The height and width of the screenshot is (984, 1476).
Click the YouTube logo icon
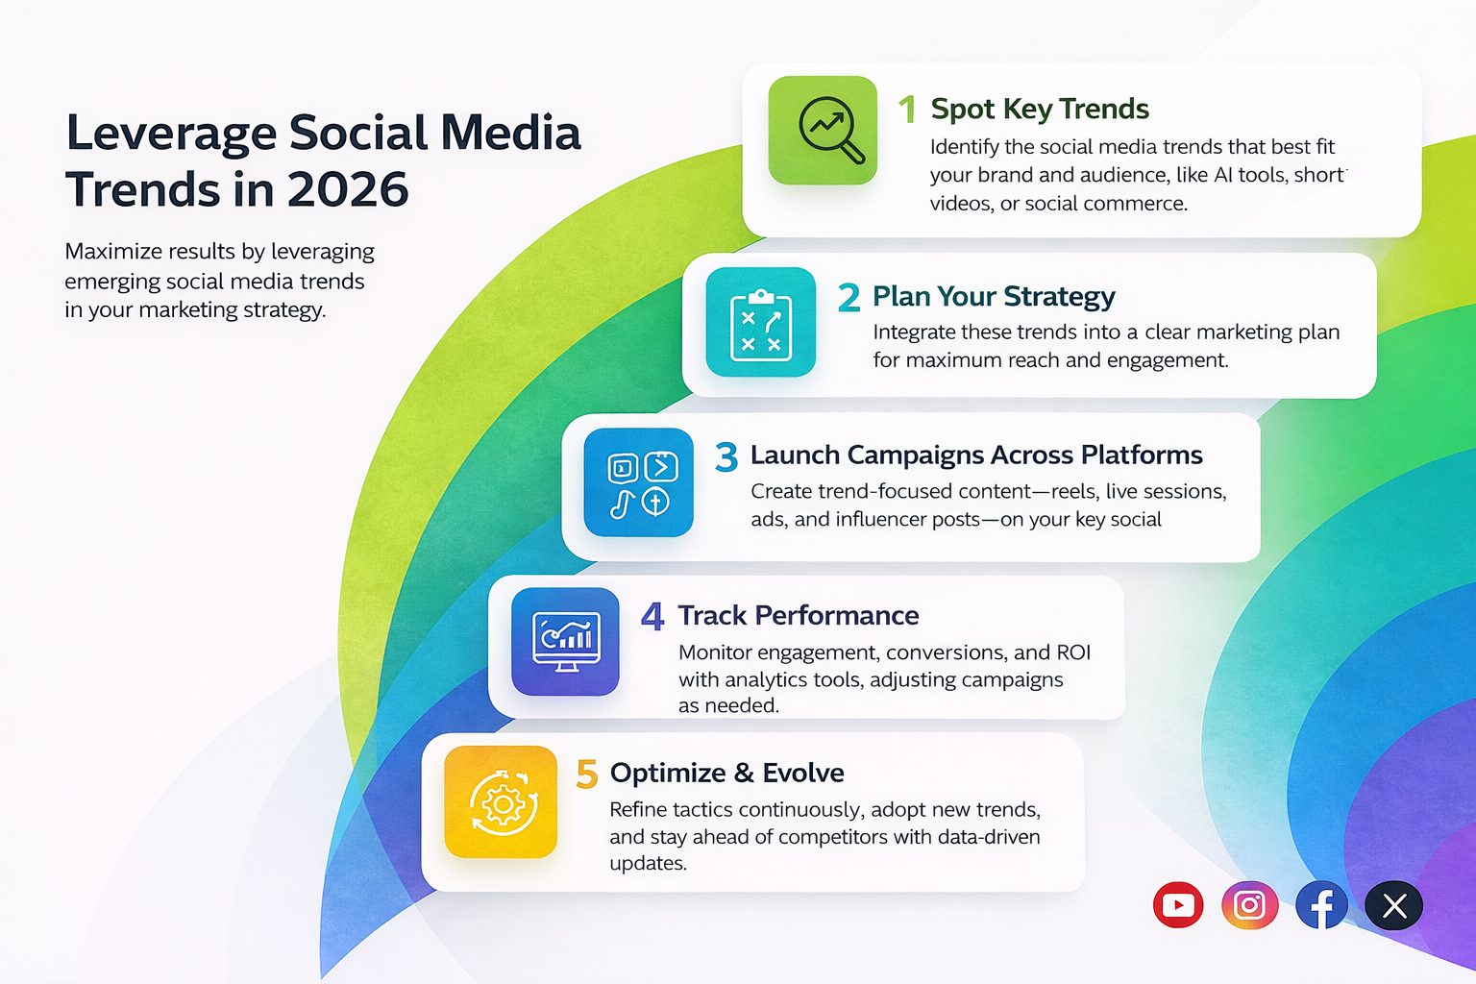click(1178, 905)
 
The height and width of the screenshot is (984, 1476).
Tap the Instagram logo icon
click(1249, 905)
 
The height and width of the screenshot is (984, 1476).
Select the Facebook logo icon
click(1321, 905)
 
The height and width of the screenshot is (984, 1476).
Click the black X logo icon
click(1394, 905)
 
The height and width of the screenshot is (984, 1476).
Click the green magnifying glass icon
click(824, 131)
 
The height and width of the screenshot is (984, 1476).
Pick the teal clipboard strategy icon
click(761, 322)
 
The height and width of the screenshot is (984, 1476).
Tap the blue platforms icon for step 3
click(639, 482)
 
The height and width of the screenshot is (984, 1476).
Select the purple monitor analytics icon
click(566, 642)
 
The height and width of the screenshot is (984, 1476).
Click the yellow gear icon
click(501, 802)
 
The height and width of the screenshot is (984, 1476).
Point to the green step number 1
click(906, 110)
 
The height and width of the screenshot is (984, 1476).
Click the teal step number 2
click(849, 298)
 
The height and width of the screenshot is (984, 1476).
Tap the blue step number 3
click(726, 457)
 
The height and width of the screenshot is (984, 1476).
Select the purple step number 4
click(652, 617)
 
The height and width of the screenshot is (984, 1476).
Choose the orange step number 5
click(586, 775)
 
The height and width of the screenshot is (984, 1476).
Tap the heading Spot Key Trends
click(1040, 110)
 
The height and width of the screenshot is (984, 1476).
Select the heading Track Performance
click(799, 615)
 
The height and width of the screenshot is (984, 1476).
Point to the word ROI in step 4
click(1073, 652)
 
